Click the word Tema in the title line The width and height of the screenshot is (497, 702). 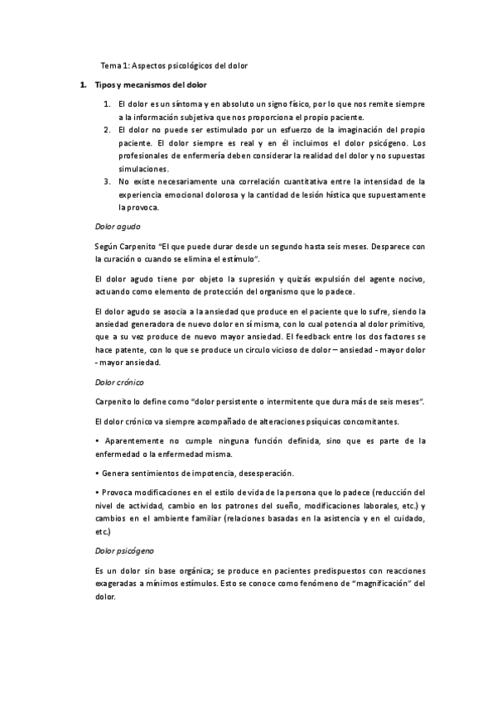[x=110, y=65]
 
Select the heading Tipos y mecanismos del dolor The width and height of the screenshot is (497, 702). [x=146, y=85]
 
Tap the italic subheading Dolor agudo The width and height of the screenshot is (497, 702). [x=118, y=225]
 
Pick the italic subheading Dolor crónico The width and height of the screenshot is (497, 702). [x=119, y=383]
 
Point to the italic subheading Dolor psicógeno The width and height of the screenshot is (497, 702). [x=124, y=551]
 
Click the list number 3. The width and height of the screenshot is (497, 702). [x=108, y=180]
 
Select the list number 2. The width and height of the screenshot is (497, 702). [x=108, y=130]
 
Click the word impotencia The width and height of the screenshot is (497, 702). [x=215, y=473]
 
